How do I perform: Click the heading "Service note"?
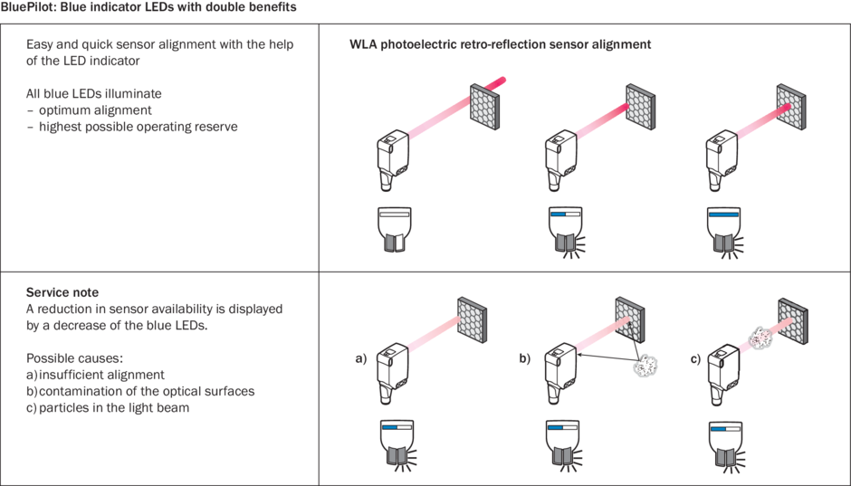click(x=62, y=292)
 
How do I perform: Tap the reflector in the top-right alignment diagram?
click(x=794, y=106)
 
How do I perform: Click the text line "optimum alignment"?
click(x=95, y=110)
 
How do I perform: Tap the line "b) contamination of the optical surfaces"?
click(x=140, y=391)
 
